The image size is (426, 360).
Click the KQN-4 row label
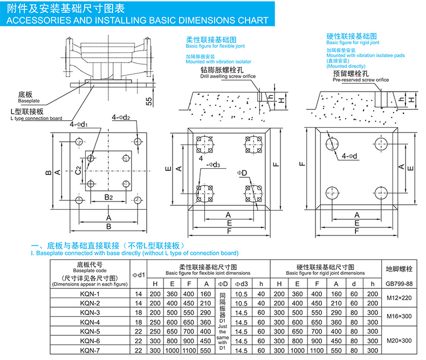tap(90, 322)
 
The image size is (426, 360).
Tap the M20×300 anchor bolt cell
tap(400, 341)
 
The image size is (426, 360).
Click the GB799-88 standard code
tap(399, 283)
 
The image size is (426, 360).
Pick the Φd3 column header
tap(242, 283)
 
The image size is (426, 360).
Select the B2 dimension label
tap(108, 197)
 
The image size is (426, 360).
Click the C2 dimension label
tap(78, 171)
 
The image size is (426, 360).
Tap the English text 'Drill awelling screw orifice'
tap(228, 77)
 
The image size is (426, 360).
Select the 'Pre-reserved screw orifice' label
tap(360, 80)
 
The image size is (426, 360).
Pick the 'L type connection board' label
tap(36, 118)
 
